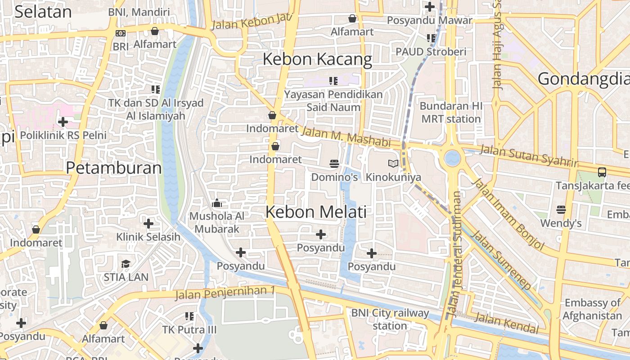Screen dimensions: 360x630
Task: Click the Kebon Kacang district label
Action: click(x=317, y=59)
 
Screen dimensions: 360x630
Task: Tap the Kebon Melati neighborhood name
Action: click(x=316, y=212)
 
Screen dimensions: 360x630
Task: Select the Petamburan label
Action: click(x=114, y=168)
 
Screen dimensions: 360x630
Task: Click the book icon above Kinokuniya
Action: click(x=393, y=164)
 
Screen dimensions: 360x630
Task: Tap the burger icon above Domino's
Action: click(x=334, y=164)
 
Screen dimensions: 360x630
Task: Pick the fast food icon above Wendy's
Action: click(x=561, y=210)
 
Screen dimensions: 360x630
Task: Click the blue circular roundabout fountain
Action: click(x=452, y=158)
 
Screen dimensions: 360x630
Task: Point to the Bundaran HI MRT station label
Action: click(x=451, y=112)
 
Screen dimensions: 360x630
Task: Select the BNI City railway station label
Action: click(x=390, y=319)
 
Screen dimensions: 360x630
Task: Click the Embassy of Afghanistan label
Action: click(x=592, y=309)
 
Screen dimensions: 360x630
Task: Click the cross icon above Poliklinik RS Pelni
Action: click(x=63, y=122)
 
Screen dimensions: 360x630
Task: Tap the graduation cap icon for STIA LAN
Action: click(x=126, y=264)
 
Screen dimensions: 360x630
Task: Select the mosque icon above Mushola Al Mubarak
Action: click(x=216, y=203)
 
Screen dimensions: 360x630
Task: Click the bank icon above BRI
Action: click(x=121, y=33)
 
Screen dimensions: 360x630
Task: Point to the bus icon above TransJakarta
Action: click(x=602, y=172)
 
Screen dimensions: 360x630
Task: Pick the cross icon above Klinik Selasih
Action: click(x=148, y=224)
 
